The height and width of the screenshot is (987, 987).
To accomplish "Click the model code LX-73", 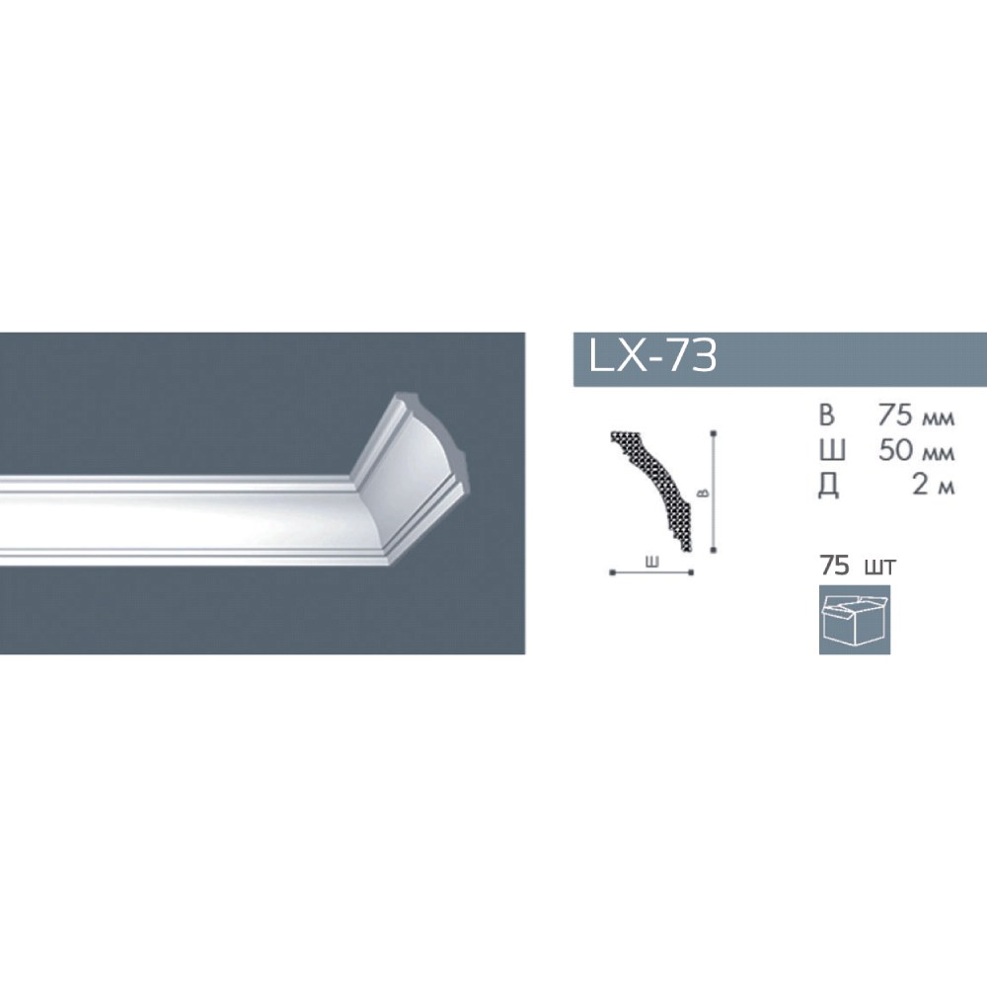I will click(652, 356).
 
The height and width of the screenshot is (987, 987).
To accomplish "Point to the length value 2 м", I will click(933, 487).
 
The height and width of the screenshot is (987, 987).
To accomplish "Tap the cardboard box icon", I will click(854, 620).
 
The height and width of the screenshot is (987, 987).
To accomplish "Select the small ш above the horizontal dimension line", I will click(652, 562).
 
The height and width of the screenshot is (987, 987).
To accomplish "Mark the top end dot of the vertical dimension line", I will click(713, 432).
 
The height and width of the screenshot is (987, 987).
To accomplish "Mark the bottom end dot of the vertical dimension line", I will click(713, 551).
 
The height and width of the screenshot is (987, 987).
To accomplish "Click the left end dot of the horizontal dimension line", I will click(613, 572).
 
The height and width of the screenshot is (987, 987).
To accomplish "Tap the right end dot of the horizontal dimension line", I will click(692, 572).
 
